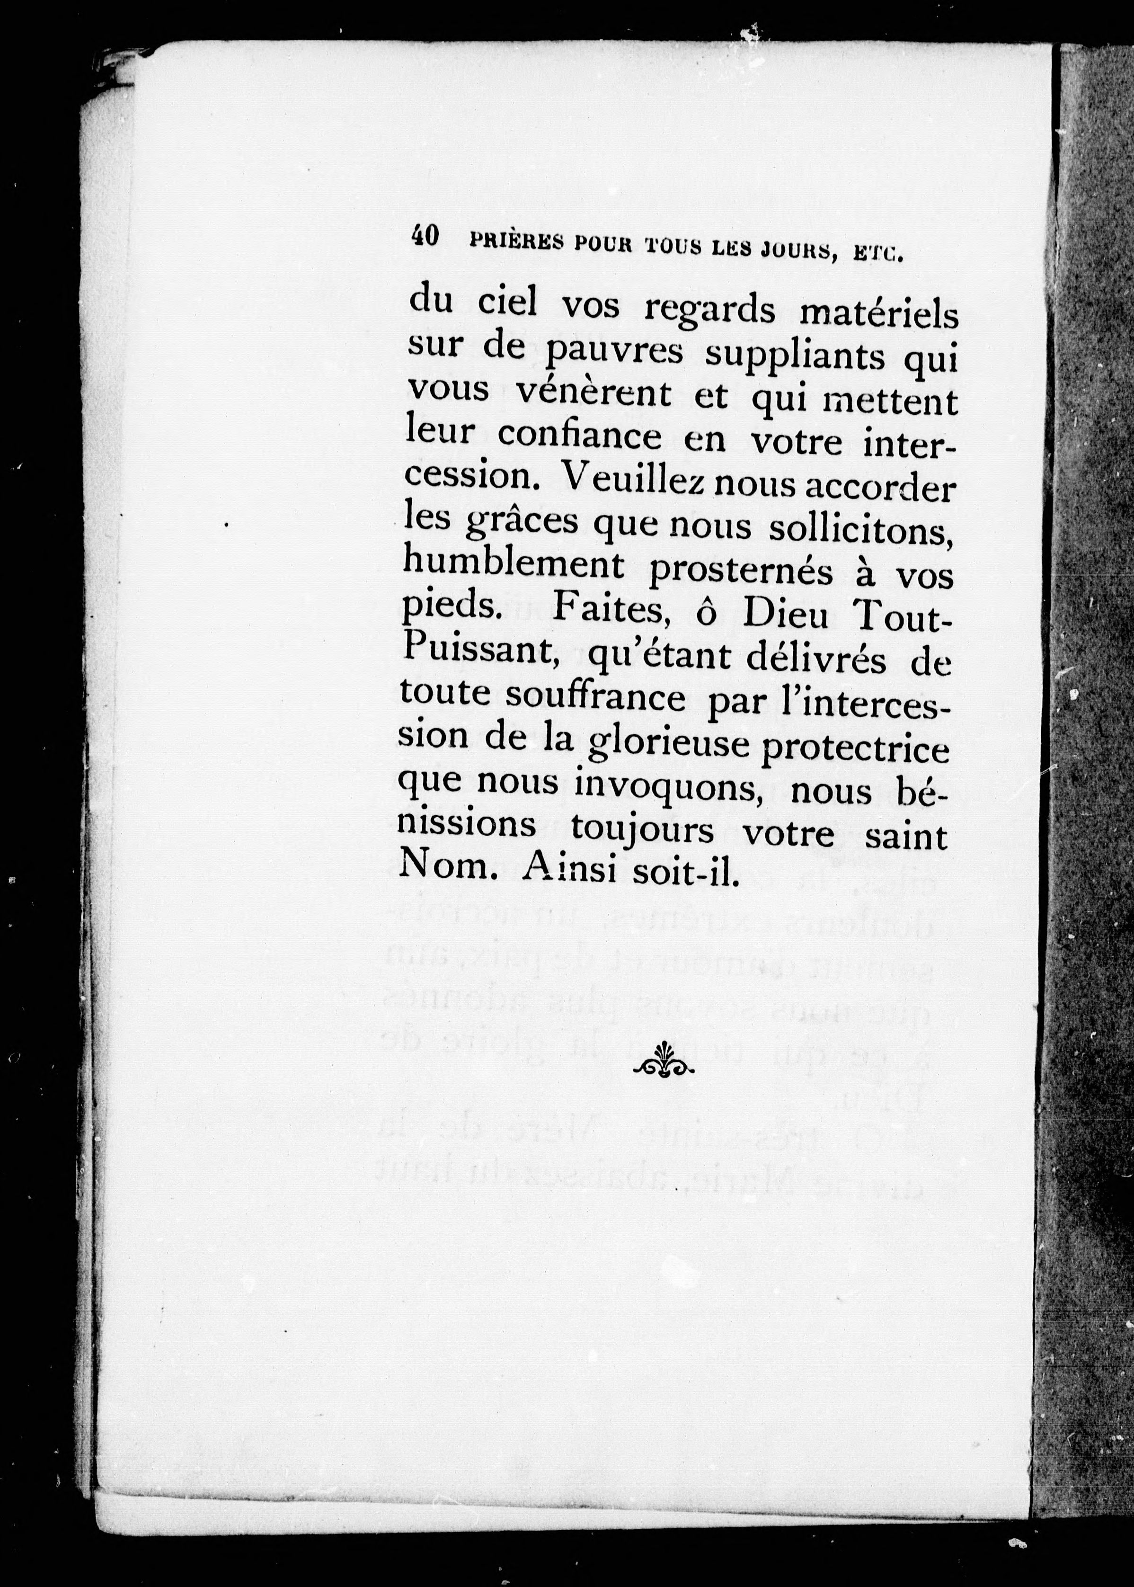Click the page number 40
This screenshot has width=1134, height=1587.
pos(425,236)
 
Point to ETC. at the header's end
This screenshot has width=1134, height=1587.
pos(878,253)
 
